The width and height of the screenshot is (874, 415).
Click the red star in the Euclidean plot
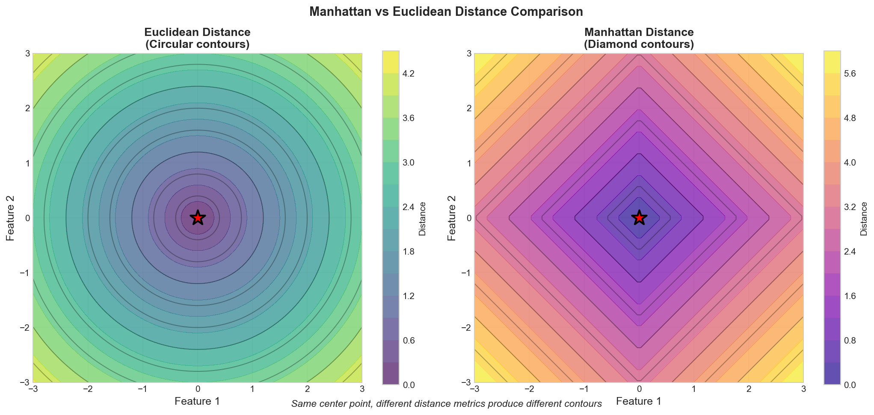click(198, 218)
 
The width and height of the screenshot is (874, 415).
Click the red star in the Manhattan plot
click(639, 218)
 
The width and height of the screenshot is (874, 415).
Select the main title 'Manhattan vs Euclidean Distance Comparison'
click(446, 12)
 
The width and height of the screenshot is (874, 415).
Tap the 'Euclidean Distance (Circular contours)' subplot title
click(197, 38)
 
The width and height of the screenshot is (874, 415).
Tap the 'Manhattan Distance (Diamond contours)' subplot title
click(639, 38)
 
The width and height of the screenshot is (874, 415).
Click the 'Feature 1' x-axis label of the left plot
click(197, 401)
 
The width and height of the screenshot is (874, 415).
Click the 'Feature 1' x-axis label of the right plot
click(639, 401)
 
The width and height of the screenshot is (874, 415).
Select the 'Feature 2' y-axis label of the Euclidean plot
click(10, 218)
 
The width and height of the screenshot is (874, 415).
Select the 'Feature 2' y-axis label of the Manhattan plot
click(452, 218)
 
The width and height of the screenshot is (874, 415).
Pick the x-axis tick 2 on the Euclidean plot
click(307, 389)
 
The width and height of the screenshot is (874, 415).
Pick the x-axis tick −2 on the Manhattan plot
click(530, 389)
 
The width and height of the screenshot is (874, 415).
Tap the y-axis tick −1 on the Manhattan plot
click(465, 273)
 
